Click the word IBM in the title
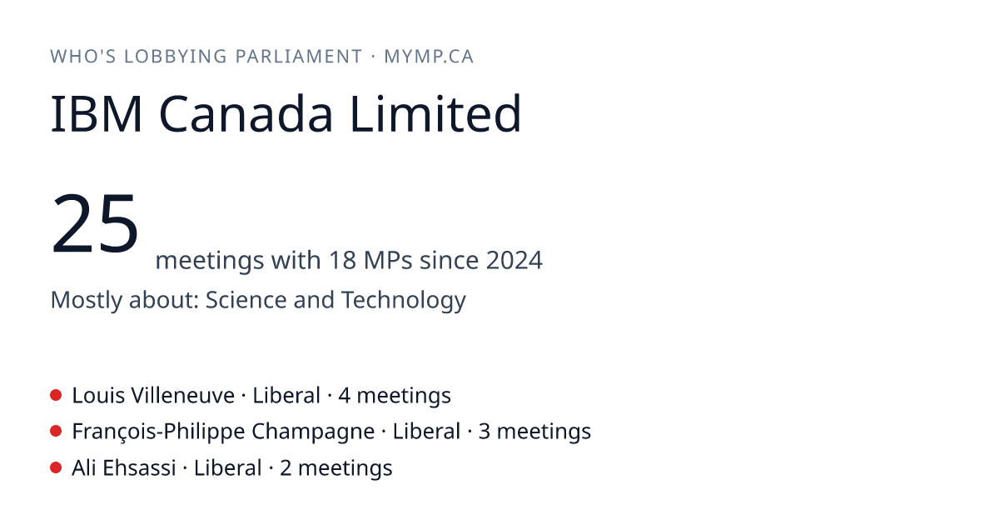click(97, 114)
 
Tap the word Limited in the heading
click(435, 113)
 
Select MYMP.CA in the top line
click(429, 57)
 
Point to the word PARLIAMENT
click(299, 57)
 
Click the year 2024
click(514, 260)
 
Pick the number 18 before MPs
click(342, 260)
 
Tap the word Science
click(246, 299)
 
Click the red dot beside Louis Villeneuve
click(56, 395)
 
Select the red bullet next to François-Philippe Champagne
click(56, 432)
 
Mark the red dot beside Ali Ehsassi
click(56, 467)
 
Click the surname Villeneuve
click(183, 396)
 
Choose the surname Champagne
click(313, 432)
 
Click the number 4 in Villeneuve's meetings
click(344, 396)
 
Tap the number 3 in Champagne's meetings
click(485, 432)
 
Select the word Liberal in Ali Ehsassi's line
click(227, 468)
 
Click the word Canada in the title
click(246, 114)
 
